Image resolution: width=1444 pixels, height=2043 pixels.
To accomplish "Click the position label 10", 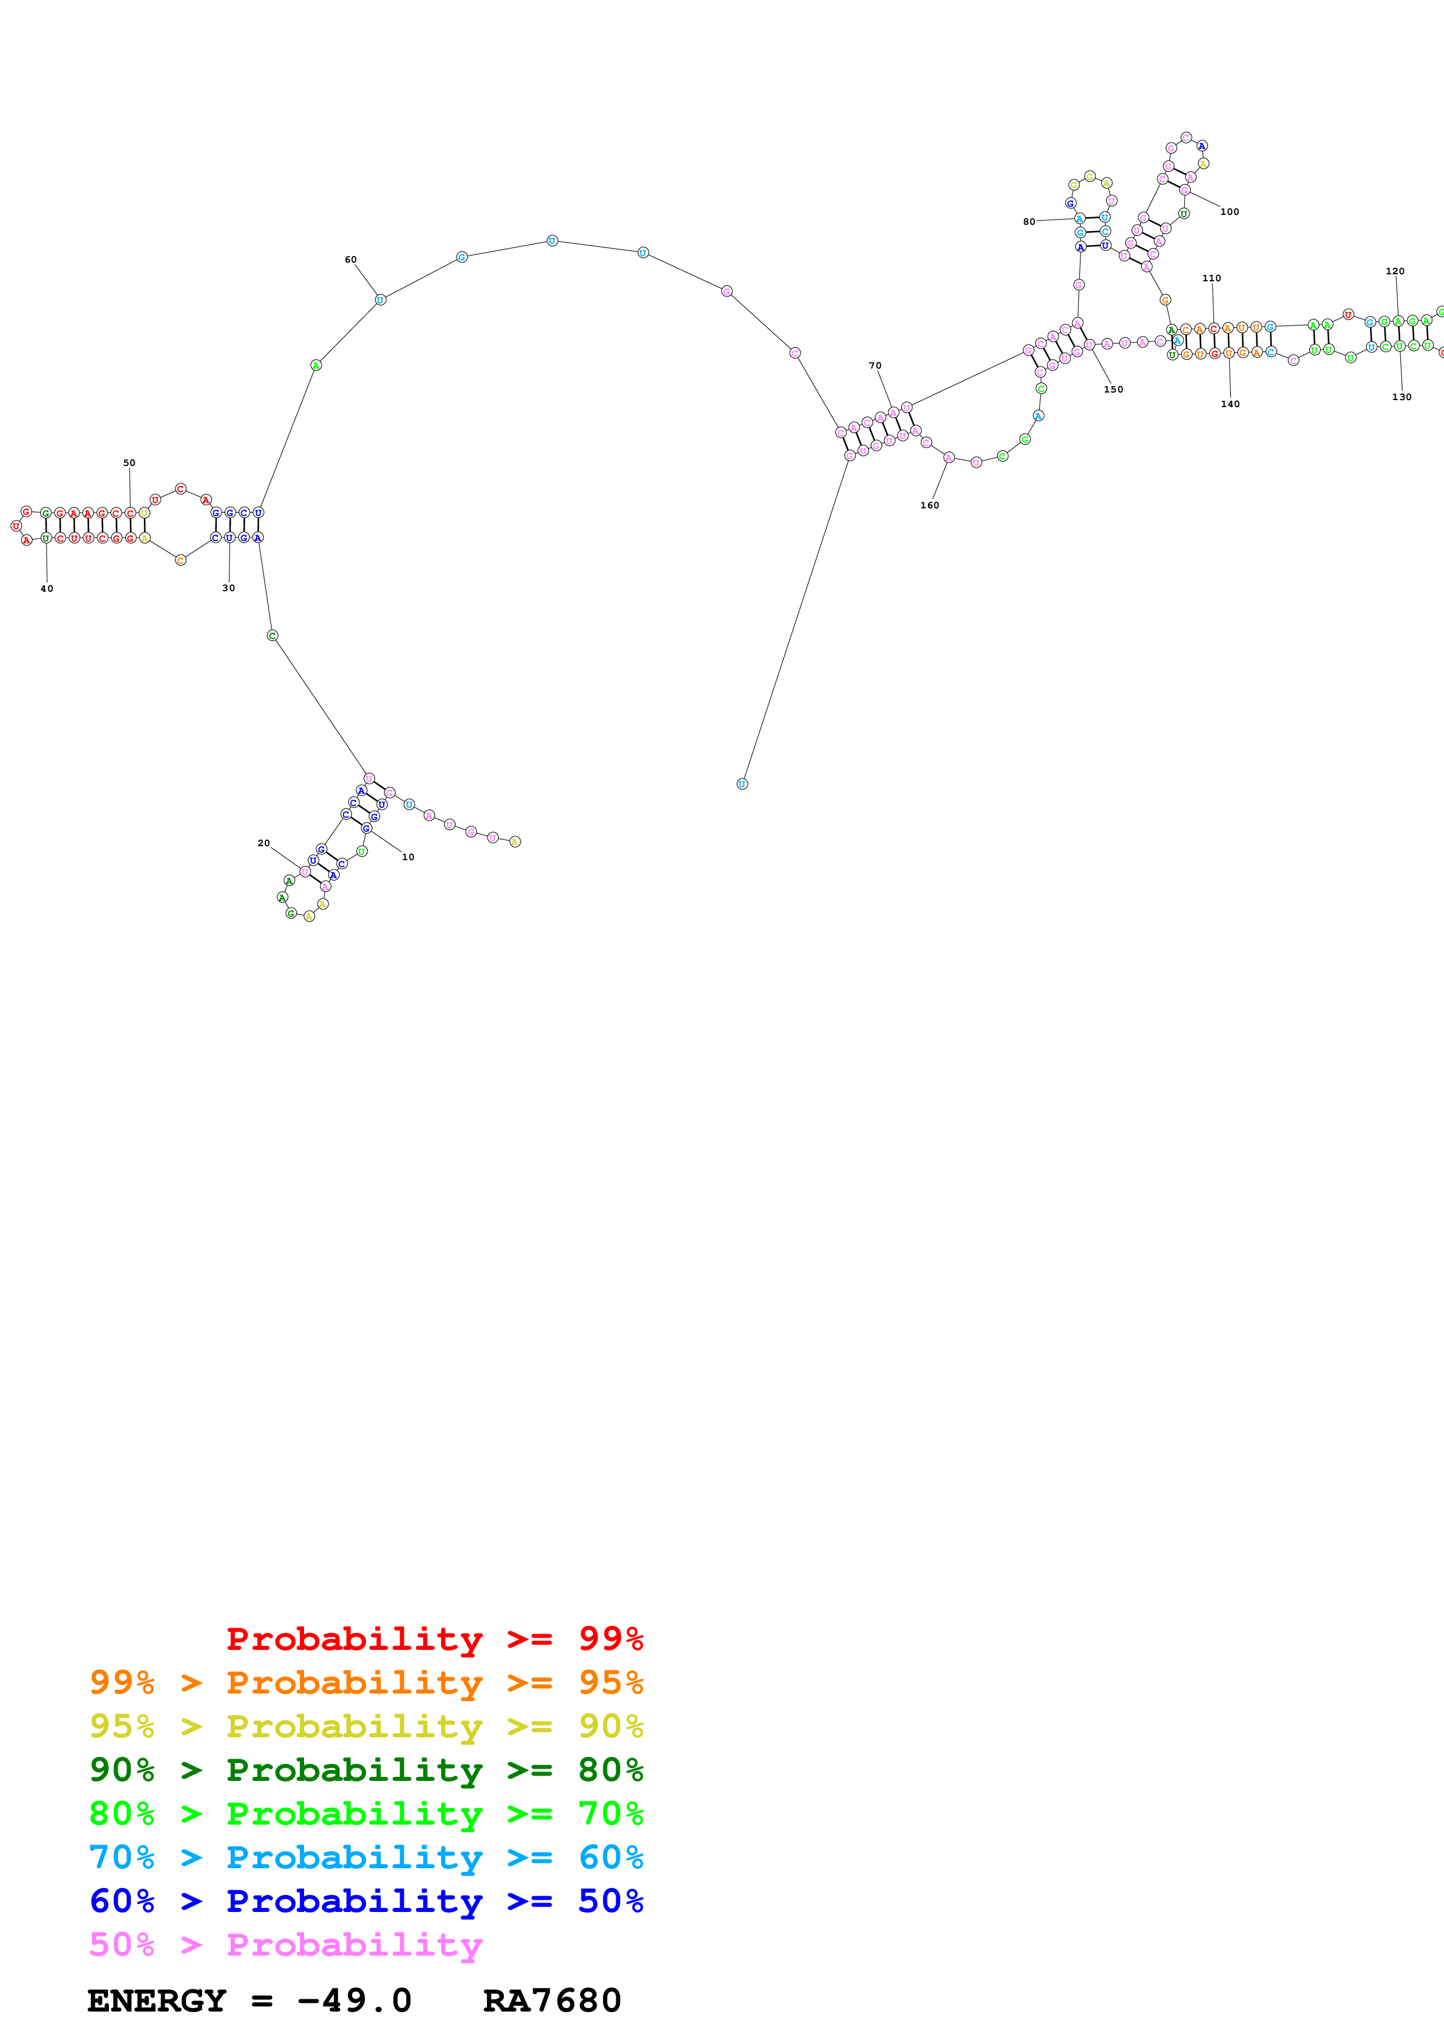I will (x=408, y=857).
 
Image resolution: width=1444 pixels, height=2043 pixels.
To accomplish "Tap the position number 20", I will (x=263, y=843).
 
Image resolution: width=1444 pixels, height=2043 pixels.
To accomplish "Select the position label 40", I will (x=47, y=588).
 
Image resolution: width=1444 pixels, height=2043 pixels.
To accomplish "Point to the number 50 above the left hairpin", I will (x=129, y=462).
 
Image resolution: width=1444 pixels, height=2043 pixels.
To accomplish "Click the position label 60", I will (x=351, y=260).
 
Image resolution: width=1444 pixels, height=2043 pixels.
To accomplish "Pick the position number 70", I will (x=874, y=366).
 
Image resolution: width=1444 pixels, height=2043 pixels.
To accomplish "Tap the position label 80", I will (x=1029, y=221).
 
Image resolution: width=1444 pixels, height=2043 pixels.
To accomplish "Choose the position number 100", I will (x=1228, y=212).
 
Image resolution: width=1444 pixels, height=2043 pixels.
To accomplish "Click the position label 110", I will (x=1211, y=278).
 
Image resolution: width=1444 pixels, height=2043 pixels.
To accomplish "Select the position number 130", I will (x=1401, y=397).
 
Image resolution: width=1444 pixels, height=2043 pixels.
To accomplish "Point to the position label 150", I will (x=1113, y=390).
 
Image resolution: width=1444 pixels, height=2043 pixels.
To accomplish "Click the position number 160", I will (x=929, y=506).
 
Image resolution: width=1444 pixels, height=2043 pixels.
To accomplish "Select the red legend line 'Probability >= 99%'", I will (x=434, y=1639).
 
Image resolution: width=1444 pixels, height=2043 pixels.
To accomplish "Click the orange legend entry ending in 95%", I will (x=366, y=1683).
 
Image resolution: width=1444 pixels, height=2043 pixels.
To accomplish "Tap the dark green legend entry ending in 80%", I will (x=366, y=1770).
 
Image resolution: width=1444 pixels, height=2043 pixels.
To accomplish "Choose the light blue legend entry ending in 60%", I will (x=366, y=1857).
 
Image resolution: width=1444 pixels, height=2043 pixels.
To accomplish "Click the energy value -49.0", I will (x=354, y=2001).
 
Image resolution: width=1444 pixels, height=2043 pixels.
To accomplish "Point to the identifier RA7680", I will (x=552, y=2001).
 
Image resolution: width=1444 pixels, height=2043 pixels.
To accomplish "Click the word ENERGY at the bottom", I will (x=157, y=2001).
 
